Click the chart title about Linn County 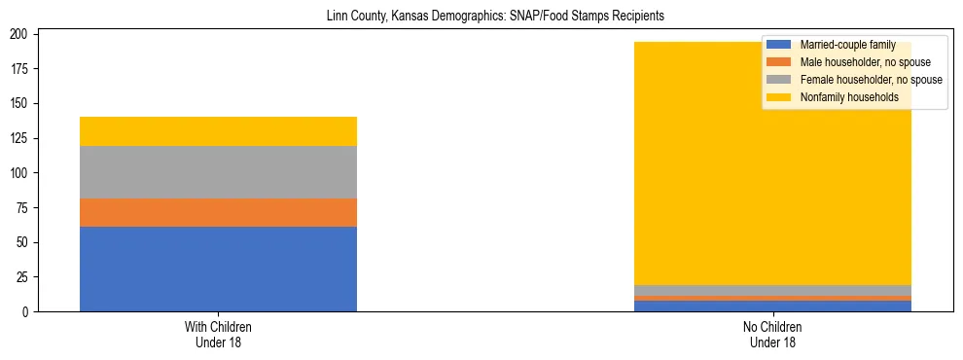click(481, 17)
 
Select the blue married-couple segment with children click(218, 269)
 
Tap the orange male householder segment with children click(218, 212)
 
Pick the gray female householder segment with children click(218, 172)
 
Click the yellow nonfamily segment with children click(218, 131)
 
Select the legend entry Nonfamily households click(849, 97)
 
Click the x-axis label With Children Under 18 click(218, 334)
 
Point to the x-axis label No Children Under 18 click(773, 334)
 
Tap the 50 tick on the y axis click(29, 242)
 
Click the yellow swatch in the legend click(779, 97)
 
